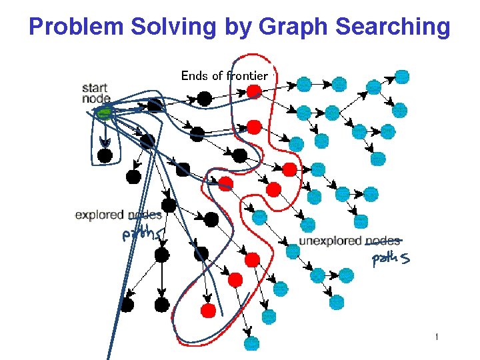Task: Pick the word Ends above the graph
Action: point(194,75)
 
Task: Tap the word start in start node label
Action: point(95,87)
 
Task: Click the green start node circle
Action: point(103,114)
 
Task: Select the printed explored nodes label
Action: point(118,215)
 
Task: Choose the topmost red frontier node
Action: point(253,91)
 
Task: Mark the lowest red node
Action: point(208,310)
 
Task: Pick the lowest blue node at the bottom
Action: point(251,343)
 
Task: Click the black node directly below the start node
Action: point(105,156)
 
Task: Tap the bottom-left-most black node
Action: point(127,305)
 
